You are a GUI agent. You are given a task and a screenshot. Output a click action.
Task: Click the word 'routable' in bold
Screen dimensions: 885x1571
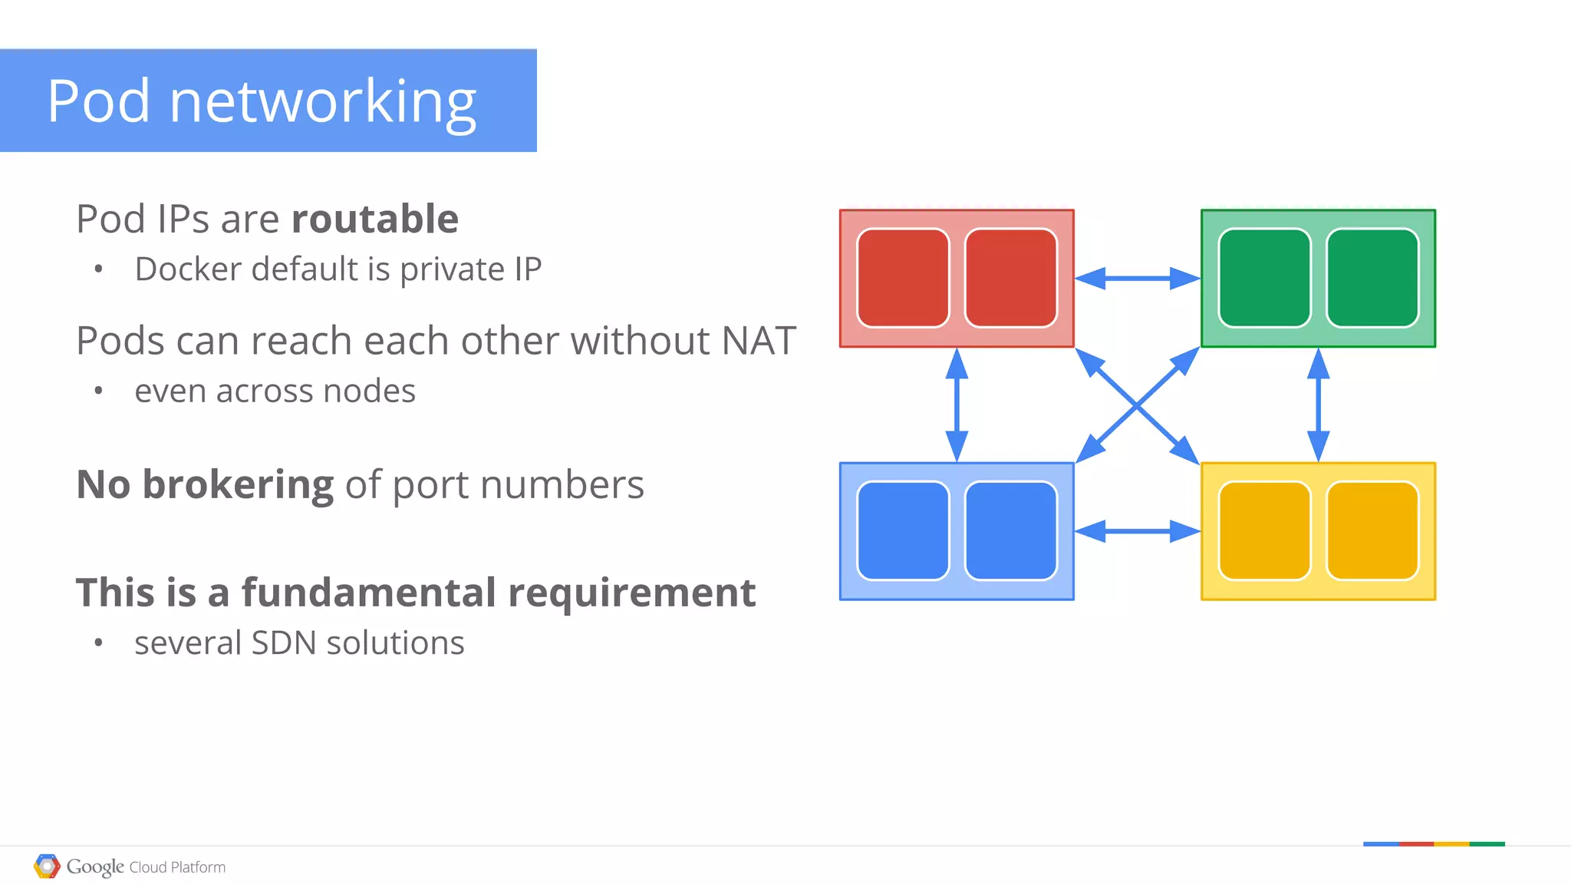tap(374, 220)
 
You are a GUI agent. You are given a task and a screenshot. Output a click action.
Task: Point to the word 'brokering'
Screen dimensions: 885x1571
tap(238, 485)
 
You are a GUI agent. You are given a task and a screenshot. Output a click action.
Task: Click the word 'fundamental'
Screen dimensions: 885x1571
tap(369, 593)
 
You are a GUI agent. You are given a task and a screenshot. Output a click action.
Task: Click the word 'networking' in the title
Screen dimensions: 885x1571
tap(323, 101)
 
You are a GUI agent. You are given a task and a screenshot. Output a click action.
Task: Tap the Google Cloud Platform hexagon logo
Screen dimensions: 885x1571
tap(47, 866)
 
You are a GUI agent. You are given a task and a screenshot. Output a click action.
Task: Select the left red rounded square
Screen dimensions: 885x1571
tap(903, 278)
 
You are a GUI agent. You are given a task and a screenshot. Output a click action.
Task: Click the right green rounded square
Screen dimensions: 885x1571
tap(1372, 278)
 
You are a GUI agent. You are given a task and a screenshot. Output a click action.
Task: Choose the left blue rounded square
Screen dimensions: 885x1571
tap(903, 531)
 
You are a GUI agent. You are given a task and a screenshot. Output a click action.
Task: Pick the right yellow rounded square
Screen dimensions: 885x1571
tap(1372, 531)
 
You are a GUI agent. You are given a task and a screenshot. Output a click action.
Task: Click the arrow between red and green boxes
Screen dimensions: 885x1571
tap(1138, 278)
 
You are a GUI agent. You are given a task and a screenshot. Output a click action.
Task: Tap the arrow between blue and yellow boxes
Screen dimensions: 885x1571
tap(1138, 531)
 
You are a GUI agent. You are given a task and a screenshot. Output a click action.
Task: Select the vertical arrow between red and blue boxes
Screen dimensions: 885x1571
tap(957, 405)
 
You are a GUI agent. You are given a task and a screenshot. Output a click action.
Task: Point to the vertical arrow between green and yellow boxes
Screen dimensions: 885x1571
tap(1318, 405)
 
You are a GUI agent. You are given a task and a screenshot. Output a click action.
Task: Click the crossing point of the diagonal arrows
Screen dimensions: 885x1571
tap(1138, 405)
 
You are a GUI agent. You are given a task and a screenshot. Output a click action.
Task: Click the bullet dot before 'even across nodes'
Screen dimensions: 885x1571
tap(98, 391)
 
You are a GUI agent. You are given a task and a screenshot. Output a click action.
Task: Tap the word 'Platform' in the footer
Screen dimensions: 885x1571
tap(198, 867)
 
